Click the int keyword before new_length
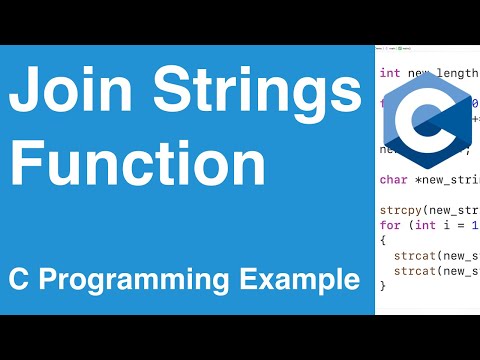pyautogui.click(x=390, y=73)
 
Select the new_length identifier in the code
pyautogui.click(x=440, y=73)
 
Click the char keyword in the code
pyautogui.click(x=393, y=181)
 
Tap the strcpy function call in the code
pyautogui.click(x=402, y=212)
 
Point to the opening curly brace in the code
pyautogui.click(x=383, y=242)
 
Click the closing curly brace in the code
pyautogui.click(x=383, y=286)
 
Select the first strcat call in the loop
pyautogui.click(x=414, y=257)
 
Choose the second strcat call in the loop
pyautogui.click(x=414, y=271)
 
